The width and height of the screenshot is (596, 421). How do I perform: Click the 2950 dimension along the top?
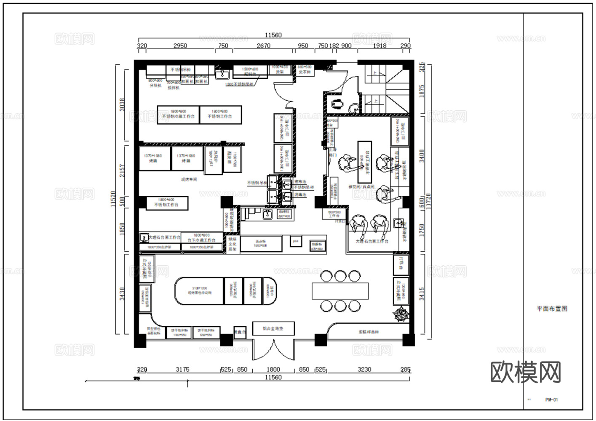point(180,46)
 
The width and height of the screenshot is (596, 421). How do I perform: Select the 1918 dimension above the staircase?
point(379,46)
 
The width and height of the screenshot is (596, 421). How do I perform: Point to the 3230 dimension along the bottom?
point(364,370)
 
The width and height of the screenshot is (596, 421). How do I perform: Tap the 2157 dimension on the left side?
point(122,171)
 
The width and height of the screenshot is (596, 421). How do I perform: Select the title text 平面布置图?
point(552,309)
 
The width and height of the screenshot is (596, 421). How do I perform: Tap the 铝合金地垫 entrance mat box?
point(273,328)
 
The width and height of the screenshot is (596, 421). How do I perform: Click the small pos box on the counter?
point(296,242)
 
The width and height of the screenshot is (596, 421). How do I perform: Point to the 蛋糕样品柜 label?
point(369,332)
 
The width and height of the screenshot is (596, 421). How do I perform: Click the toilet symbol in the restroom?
point(337,103)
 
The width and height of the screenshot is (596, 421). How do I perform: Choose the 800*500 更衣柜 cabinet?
point(305,70)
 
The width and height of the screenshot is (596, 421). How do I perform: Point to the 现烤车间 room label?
point(189,179)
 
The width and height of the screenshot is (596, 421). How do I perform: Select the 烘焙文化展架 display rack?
point(233,244)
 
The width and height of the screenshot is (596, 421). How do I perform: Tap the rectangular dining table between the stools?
point(340,291)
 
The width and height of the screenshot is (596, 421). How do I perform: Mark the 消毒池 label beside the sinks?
point(300,195)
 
